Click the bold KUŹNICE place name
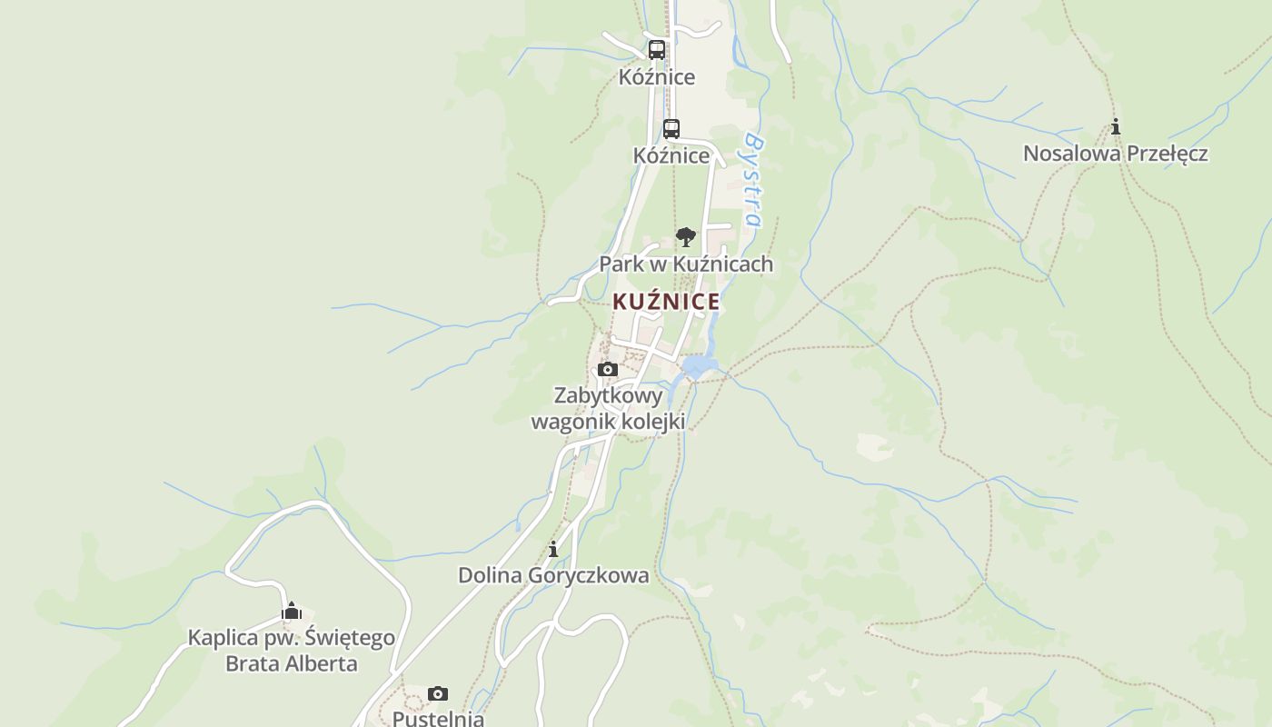pos(666,302)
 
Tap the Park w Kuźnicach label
pos(686,264)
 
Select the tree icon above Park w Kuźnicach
pos(686,237)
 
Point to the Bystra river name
pos(753,180)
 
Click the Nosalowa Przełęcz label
pos(1115,154)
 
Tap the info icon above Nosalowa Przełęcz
pos(1116,127)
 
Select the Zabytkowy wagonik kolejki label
pos(608,409)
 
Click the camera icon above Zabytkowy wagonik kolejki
pos(608,370)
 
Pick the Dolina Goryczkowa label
pos(553,575)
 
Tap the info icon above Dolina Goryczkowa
pos(553,549)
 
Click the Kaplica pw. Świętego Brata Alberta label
pos(291,651)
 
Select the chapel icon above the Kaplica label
pos(291,611)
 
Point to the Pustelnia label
pos(437,718)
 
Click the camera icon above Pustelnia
pos(438,694)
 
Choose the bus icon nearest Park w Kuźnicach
pos(671,129)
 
